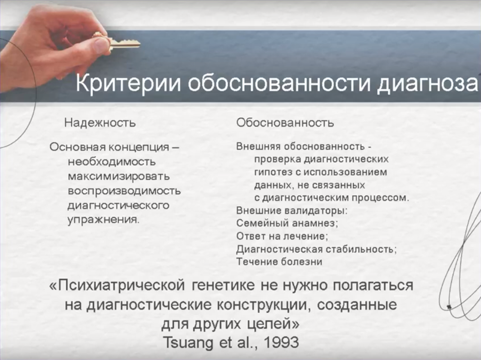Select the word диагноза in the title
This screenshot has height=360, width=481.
tap(428, 84)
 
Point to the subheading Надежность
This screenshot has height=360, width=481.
tap(100, 123)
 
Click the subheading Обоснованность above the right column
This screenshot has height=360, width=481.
tap(285, 123)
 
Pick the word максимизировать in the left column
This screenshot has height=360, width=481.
tap(119, 176)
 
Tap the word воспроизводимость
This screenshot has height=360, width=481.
tap(124, 191)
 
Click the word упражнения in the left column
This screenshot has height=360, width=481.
tap(103, 220)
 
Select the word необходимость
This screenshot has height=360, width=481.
tap(112, 161)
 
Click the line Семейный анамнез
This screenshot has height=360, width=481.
tap(287, 223)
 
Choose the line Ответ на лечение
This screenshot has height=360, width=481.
tap(282, 236)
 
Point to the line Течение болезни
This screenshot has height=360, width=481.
tap(279, 262)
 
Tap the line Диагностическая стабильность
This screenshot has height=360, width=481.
tap(316, 249)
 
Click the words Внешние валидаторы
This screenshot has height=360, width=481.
tap(292, 211)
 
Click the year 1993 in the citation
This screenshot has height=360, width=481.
tap(281, 342)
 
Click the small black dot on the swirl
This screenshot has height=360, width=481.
tap(449, 306)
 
